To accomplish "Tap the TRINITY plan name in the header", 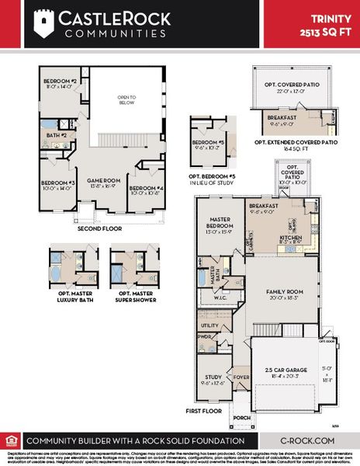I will [x=329, y=18].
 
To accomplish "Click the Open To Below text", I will [x=126, y=100].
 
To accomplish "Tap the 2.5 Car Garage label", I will [x=282, y=369].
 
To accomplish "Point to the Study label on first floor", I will [x=213, y=376].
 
